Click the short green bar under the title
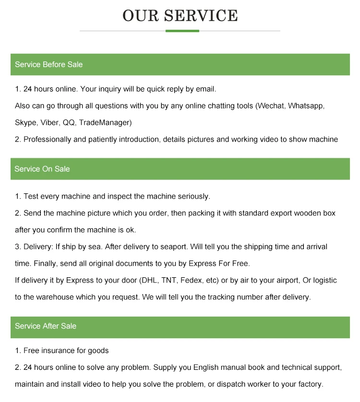tap(182, 31)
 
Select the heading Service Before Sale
tap(48, 64)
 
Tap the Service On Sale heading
tap(42, 169)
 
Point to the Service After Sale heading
tap(46, 326)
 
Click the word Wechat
tap(271, 106)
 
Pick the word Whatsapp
tap(307, 106)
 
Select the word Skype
tap(25, 122)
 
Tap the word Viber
tap(50, 122)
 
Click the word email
tap(205, 89)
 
